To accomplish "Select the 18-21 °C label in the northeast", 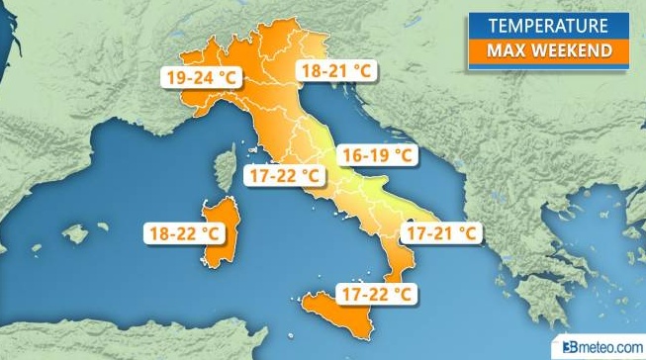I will [335, 71].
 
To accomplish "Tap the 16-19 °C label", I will [375, 155].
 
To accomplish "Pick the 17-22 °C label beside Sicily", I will [375, 294].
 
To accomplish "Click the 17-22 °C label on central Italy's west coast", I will [284, 176].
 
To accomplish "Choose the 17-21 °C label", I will [442, 234].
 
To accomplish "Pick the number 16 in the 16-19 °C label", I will [351, 155].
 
